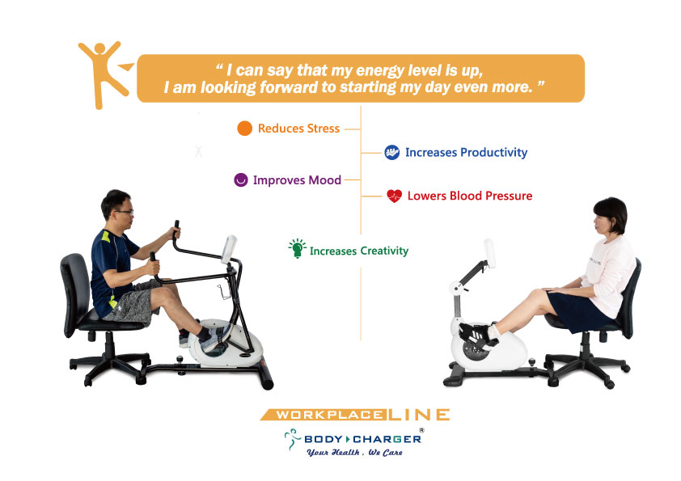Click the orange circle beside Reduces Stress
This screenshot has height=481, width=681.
244,129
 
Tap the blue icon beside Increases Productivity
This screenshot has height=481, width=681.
391,152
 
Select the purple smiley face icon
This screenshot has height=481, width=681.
240,179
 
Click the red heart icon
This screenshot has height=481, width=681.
395,196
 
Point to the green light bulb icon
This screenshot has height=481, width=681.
297,248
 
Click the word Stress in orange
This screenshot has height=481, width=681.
324,129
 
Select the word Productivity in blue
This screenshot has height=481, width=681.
494,153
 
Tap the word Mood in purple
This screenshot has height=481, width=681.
325,180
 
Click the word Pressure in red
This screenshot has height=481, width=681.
509,196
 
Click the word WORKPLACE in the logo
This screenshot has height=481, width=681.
329,415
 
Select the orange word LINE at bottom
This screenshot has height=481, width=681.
419,415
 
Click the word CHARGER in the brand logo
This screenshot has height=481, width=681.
387,439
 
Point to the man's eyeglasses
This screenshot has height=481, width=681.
125,212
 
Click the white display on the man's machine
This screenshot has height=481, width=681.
229,249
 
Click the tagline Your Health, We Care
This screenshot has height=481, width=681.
354,453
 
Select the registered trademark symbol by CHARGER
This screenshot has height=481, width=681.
421,430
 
